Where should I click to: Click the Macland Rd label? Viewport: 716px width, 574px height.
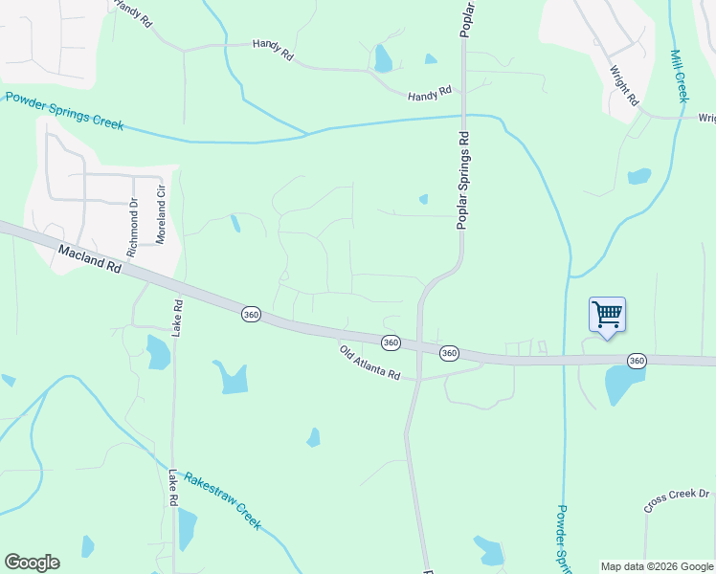(89, 259)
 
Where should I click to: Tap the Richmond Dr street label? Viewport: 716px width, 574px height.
(133, 222)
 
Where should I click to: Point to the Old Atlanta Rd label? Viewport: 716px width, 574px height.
(369, 364)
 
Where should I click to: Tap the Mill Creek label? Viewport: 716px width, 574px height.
(681, 76)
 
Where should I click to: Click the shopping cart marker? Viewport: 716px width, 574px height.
(607, 314)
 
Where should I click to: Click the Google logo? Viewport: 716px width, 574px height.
(32, 563)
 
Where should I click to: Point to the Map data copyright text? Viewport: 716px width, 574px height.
(656, 566)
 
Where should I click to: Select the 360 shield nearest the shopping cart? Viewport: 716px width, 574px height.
(637, 361)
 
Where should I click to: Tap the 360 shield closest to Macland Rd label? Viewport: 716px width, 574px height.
(251, 314)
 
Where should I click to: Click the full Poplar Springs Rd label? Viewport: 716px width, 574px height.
(462, 180)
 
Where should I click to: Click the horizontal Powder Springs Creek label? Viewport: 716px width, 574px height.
(65, 111)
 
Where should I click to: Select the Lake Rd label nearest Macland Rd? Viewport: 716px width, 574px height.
(177, 318)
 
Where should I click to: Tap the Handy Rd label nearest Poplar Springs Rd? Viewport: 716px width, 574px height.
(429, 93)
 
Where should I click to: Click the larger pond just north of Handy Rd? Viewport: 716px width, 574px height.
(384, 59)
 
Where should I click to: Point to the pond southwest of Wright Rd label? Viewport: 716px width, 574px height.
(638, 176)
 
